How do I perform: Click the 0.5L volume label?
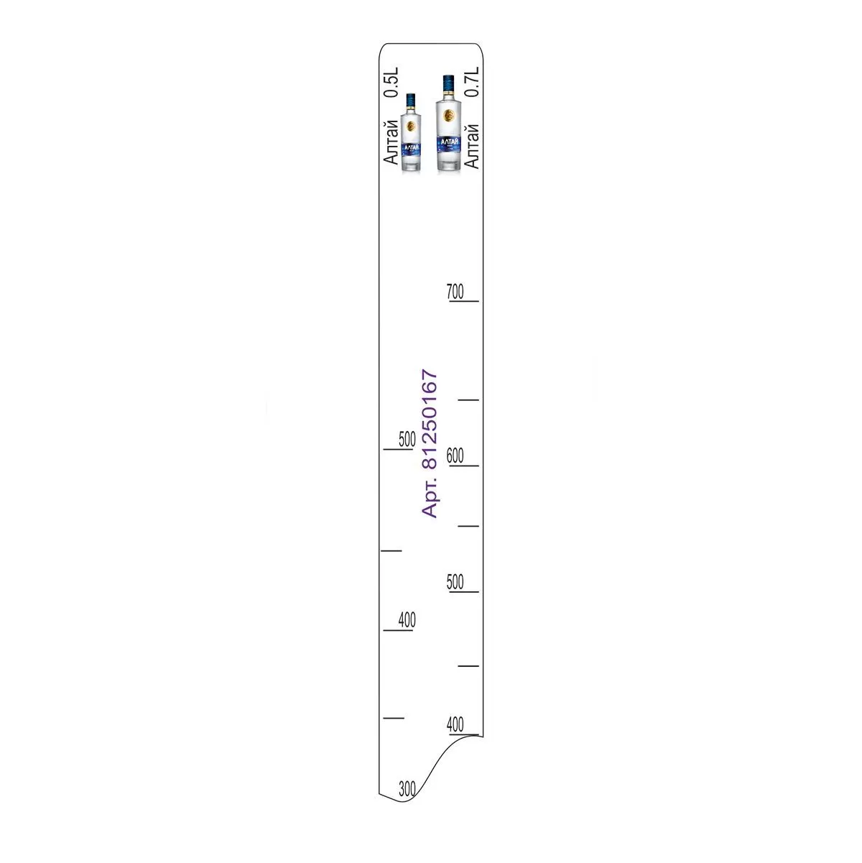tap(391, 83)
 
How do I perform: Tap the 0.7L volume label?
tap(472, 82)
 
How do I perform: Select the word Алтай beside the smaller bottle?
tap(391, 142)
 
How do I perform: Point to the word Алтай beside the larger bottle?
tap(472, 147)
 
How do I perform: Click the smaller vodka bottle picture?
tap(411, 132)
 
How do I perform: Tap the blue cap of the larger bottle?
tap(448, 83)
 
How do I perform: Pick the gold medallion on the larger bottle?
tap(448, 116)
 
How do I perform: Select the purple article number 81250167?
tap(430, 419)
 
